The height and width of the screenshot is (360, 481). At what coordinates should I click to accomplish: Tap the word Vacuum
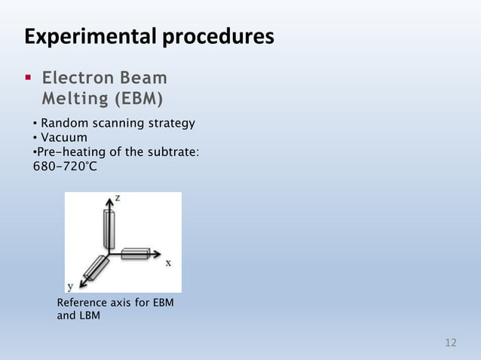click(64, 137)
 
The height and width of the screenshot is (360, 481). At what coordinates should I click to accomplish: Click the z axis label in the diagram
click(118, 197)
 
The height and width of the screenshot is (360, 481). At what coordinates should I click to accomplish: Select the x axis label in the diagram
click(168, 263)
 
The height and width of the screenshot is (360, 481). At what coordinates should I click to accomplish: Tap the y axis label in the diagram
click(70, 286)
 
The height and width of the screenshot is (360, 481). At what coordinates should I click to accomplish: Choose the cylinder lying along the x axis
click(136, 254)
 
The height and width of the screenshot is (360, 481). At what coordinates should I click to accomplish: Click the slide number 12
click(451, 343)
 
